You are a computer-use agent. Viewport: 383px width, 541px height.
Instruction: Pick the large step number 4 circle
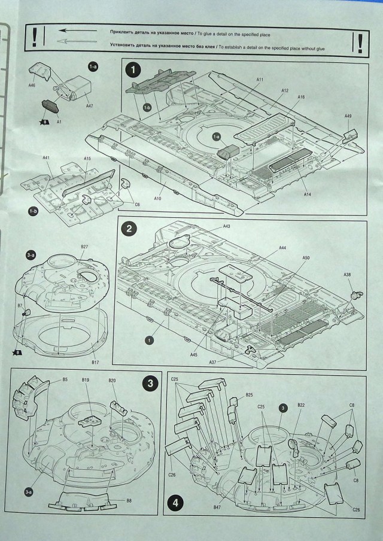[x=175, y=503]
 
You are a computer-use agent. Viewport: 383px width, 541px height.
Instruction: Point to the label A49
[x=348, y=116]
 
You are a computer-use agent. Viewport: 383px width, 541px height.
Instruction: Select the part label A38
[x=348, y=274]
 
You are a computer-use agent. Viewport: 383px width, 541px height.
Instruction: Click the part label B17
[x=95, y=363]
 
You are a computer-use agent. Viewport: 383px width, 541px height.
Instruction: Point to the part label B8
[x=129, y=500]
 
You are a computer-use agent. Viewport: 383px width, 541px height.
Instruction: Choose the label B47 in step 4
[x=218, y=507]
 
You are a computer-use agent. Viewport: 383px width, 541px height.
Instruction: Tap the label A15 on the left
[x=87, y=159]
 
